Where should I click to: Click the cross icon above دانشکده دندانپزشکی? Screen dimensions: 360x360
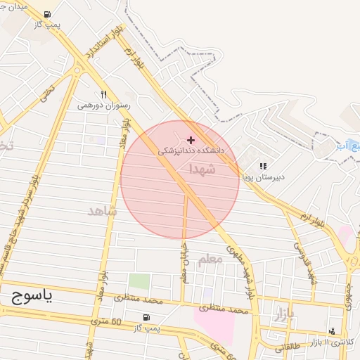(191, 141)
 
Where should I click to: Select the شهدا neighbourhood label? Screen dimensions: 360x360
(202, 169)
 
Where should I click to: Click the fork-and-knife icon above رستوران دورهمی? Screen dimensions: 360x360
(103, 94)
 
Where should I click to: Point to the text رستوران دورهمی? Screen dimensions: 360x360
(103, 105)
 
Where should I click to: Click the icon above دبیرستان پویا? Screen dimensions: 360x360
(263, 167)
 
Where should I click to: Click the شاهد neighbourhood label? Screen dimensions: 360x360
(100, 211)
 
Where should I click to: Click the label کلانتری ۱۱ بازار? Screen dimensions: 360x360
(335, 341)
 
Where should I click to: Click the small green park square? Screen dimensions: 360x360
(139, 281)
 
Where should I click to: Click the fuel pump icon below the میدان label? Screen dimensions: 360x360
(46, 14)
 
